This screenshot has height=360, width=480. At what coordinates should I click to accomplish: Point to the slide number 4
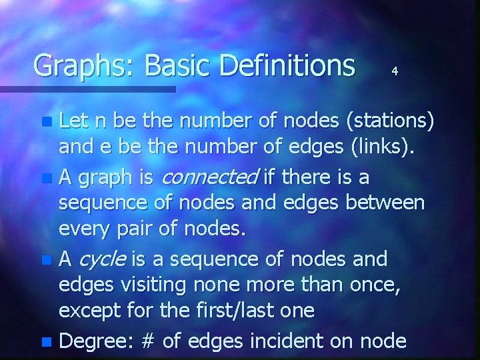coord(395,70)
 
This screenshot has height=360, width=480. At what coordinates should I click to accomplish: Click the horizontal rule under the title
coord(87,88)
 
